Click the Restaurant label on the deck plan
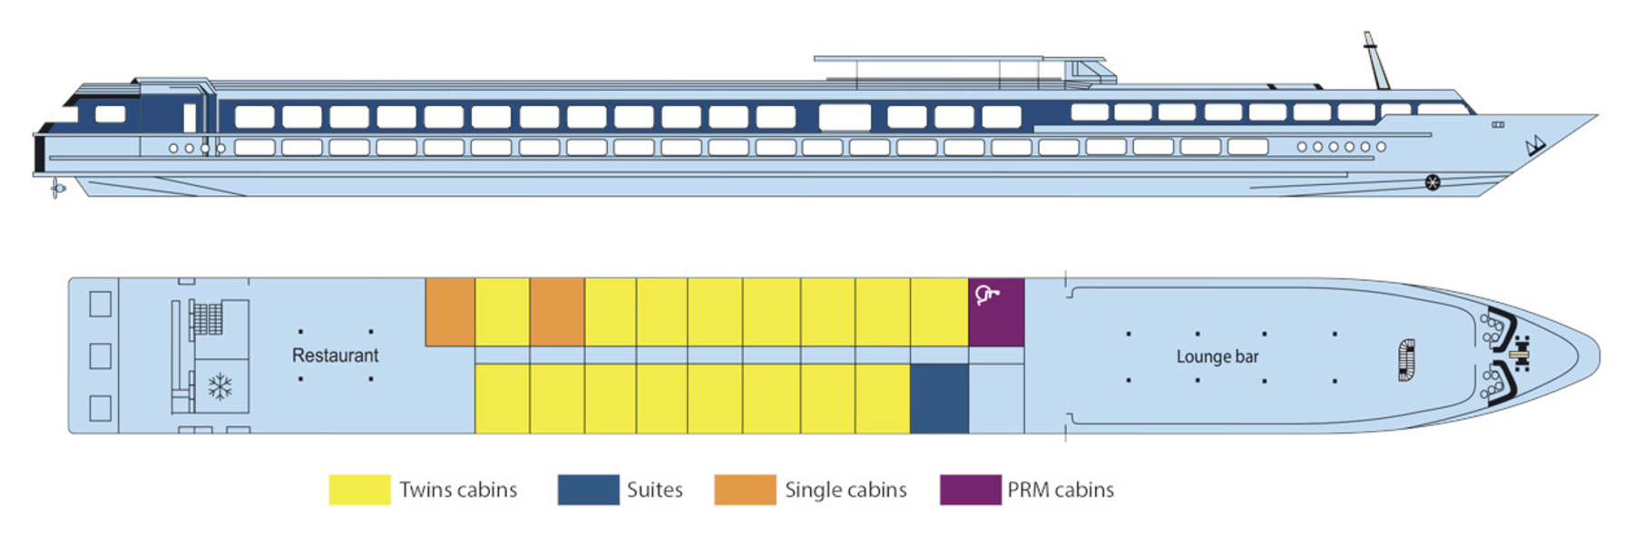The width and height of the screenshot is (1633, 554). pos(335,355)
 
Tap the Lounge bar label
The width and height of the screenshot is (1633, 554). pos(1217,356)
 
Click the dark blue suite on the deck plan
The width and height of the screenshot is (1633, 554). pos(939,399)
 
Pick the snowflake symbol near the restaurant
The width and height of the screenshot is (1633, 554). pos(220,387)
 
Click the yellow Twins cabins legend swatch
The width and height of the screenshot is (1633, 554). pos(359,490)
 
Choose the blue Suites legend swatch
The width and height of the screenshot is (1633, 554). pos(588,490)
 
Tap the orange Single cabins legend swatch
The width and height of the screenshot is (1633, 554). pos(745,490)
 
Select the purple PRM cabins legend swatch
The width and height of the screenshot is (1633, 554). pos(970,490)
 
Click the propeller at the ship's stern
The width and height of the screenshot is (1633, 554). pos(57,189)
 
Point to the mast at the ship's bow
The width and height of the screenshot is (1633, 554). pos(1375,61)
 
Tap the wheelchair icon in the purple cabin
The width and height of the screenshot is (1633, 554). pos(986,295)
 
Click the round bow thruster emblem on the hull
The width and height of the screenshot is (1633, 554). pos(1432,182)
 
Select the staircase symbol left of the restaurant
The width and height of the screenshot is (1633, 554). pos(208,318)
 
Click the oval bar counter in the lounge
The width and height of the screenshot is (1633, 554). pos(1406,360)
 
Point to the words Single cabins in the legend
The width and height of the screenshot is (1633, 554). pos(845,490)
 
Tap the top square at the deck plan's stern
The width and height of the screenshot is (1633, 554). pos(101,304)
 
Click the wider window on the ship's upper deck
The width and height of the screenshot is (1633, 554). pos(845,117)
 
